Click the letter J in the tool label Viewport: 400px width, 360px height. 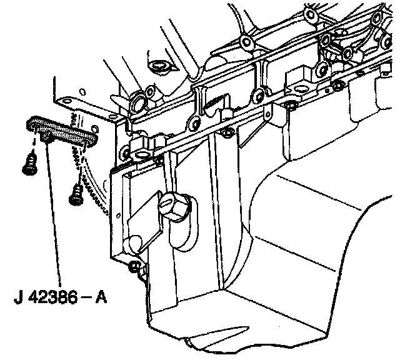(19, 297)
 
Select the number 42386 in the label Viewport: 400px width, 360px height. (52, 297)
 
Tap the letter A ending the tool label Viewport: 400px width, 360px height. (101, 297)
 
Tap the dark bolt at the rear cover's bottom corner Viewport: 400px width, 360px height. (135, 267)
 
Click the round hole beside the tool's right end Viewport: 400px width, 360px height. (95, 128)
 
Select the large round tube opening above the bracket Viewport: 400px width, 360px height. (138, 101)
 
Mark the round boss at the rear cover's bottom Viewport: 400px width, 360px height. (134, 242)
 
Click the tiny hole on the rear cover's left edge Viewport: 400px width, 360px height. (118, 216)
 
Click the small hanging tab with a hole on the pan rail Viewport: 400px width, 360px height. (267, 113)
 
